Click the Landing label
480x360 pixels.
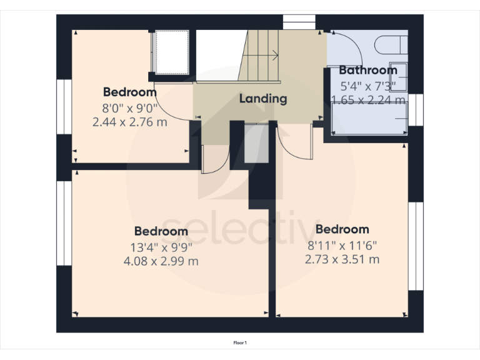pos(263,98)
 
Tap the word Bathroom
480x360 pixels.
pos(367,70)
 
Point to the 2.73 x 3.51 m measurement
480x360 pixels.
pos(342,259)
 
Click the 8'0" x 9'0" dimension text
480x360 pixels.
pos(129,107)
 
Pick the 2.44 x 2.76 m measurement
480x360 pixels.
pos(129,122)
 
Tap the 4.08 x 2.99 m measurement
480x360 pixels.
pos(161,261)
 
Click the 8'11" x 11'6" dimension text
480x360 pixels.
pos(342,244)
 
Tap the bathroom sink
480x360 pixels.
pos(398,76)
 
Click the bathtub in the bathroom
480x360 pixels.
pos(369,119)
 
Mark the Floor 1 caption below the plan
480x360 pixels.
pos(240,342)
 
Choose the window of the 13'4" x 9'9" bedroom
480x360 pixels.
pos(64,222)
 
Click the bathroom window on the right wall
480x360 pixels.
pos(416,109)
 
